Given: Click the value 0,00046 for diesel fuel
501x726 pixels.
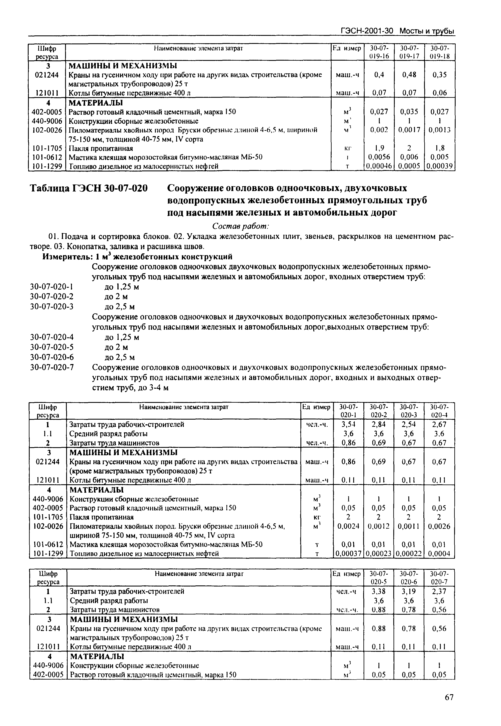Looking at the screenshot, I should [379, 166].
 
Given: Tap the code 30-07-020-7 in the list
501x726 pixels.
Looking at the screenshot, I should [52, 367].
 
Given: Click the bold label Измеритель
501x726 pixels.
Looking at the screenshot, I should [67, 257].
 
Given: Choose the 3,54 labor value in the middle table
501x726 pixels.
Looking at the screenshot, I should [348, 424].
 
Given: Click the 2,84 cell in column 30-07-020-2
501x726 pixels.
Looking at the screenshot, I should [379, 424].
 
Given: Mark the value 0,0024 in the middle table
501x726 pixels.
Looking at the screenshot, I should [348, 526].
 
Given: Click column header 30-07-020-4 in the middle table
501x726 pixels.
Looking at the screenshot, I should [439, 411].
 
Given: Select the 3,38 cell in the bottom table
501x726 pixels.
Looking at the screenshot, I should [379, 591].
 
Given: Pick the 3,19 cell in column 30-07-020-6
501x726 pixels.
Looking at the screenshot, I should [409, 591].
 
